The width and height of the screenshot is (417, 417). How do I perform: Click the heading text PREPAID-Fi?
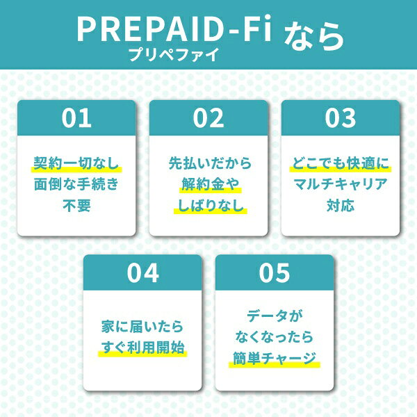(x=174, y=28)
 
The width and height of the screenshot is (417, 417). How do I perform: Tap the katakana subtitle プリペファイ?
(x=174, y=54)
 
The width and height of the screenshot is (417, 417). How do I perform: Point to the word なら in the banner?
(x=314, y=36)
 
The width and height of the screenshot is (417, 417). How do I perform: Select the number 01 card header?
(x=76, y=118)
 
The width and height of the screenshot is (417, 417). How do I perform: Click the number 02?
(x=208, y=118)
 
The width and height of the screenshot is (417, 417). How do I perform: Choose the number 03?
(x=341, y=118)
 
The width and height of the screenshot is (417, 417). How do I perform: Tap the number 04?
(x=142, y=272)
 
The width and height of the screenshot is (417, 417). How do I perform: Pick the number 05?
(x=275, y=272)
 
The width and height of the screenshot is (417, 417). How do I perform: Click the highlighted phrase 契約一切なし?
(x=76, y=163)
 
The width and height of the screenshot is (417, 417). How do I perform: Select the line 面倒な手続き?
(x=76, y=184)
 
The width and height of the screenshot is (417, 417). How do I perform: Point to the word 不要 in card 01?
(x=76, y=205)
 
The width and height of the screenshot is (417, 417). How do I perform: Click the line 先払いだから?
(x=210, y=163)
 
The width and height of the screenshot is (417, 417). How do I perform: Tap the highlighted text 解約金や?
(x=211, y=184)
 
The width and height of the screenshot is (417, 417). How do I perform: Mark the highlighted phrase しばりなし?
(x=211, y=206)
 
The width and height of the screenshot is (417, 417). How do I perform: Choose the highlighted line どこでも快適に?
(x=341, y=163)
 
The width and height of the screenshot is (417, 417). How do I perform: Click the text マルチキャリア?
(x=341, y=184)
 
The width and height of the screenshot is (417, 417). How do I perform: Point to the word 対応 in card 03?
(x=341, y=205)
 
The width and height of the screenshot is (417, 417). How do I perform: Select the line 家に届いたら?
(x=142, y=327)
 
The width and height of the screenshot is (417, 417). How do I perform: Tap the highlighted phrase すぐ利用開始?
(x=142, y=347)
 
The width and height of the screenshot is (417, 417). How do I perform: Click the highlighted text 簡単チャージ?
(x=275, y=358)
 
